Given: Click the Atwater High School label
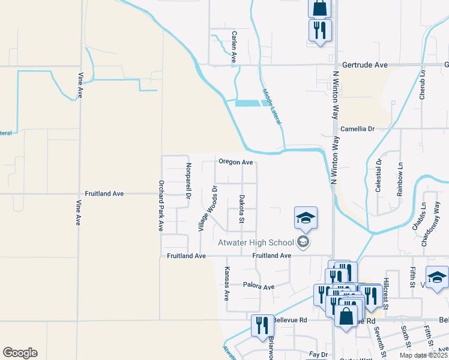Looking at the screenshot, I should [x=256, y=242].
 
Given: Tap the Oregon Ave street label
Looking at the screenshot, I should [x=235, y=162].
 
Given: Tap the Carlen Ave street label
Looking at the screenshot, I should [x=234, y=47].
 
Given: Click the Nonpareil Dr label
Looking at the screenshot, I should [x=187, y=181].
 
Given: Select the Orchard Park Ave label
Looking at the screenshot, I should [x=161, y=206].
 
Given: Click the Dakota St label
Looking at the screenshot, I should [x=242, y=208].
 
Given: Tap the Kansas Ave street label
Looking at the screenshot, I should [x=227, y=283].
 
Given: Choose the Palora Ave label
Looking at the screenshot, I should [x=258, y=286].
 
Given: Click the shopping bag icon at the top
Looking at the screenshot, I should [x=320, y=8].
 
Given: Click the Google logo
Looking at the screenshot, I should [x=20, y=353].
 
